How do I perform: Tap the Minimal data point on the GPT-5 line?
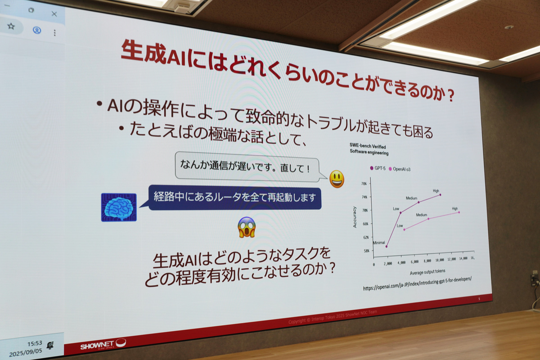click(x=386, y=246)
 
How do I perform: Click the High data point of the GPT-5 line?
click(x=440, y=195)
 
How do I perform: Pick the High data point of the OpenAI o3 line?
click(x=459, y=212)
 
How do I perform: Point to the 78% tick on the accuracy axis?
click(x=364, y=184)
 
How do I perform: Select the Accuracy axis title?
click(x=355, y=216)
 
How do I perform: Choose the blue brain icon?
click(x=119, y=207)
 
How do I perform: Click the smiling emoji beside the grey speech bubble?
click(x=337, y=179)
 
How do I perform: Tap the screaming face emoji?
click(x=247, y=227)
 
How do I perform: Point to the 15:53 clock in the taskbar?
click(x=34, y=343)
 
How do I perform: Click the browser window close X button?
click(x=54, y=14)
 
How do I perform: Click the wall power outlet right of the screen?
click(x=534, y=279)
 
